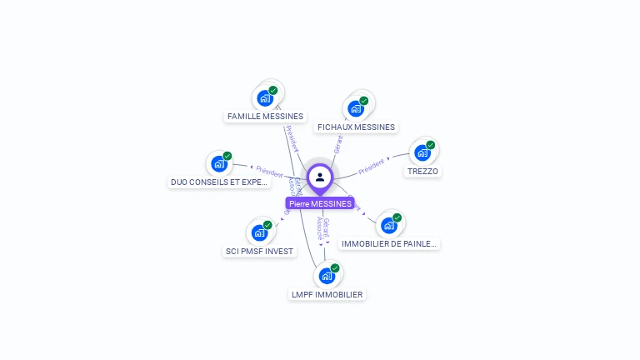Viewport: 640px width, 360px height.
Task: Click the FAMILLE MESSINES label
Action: coord(265,117)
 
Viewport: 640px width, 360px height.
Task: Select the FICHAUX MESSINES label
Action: coord(356,127)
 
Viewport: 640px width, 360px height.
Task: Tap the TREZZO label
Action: coord(422,172)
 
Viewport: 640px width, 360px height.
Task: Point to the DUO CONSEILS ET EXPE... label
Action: coord(219,182)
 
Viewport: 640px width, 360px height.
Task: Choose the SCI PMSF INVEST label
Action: coord(259,251)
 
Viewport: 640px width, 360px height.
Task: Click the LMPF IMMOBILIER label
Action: coord(327,294)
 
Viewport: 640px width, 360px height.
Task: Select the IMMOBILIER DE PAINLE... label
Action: coord(388,243)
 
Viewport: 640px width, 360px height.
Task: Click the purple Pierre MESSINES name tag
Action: coord(320,203)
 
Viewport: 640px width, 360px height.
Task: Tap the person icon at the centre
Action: coord(320,177)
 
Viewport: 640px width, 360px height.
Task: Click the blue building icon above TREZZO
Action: coord(422,152)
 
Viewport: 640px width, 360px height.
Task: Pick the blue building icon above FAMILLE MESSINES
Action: coord(265,97)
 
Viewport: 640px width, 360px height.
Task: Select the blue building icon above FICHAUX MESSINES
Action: coord(356,108)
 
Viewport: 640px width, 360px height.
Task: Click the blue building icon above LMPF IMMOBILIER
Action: coord(327,275)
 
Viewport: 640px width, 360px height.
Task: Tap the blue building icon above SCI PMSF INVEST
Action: coord(259,232)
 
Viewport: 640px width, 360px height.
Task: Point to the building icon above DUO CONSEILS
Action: coord(219,162)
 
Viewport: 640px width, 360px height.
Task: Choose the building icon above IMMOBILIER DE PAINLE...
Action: coord(388,225)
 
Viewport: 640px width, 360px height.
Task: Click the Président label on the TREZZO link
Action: coord(371,166)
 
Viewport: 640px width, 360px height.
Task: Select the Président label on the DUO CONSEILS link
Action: coord(269,171)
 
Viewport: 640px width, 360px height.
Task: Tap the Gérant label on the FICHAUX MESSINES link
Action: coord(338,144)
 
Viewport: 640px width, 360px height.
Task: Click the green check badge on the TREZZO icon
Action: coord(431,145)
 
